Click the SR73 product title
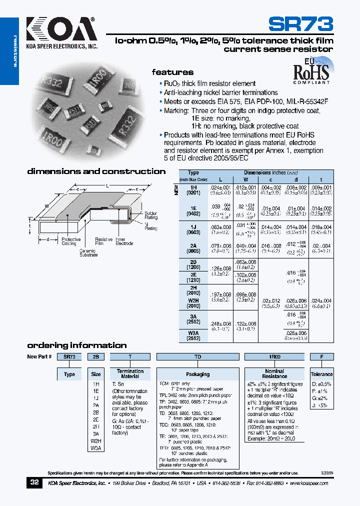300,24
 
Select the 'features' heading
172,72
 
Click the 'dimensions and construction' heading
96,171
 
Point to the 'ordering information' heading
76,345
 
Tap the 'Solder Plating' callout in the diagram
150,215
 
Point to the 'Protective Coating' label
70,241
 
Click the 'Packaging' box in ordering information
197,374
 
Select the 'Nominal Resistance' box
274,373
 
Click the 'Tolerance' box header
321,374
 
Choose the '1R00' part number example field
274,357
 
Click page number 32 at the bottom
34,482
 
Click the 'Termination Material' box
130,373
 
